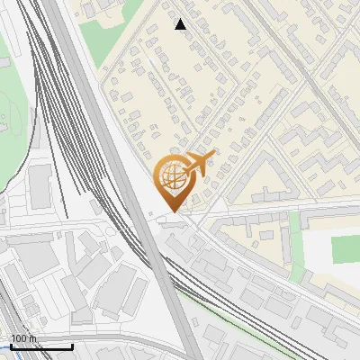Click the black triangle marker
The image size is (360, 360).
(x=181, y=24)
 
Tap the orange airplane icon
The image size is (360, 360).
(x=198, y=165)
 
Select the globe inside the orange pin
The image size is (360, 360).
(x=171, y=176)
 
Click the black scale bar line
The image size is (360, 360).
(x=41, y=346)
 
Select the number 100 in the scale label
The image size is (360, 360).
(x=20, y=338)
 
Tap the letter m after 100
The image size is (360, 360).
(x=33, y=338)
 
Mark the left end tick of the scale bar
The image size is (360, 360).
(x=10, y=346)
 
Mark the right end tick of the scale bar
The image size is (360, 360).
(x=73, y=346)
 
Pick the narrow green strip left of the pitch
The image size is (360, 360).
(x=296, y=247)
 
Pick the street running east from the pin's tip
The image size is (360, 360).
(x=270, y=213)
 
